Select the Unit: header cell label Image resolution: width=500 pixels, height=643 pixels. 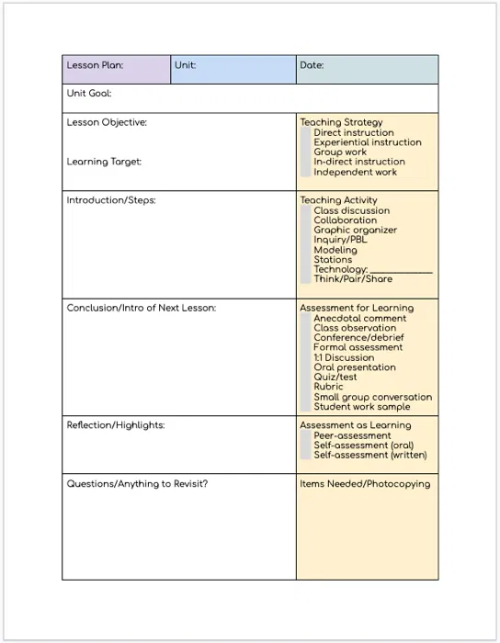pyautogui.click(x=185, y=66)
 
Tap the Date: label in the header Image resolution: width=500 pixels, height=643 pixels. pyautogui.click(x=312, y=66)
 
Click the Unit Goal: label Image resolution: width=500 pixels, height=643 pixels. pyautogui.click(x=89, y=94)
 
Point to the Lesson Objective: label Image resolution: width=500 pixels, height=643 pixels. pyautogui.click(x=107, y=122)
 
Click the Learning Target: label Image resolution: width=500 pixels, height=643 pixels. pyautogui.click(x=104, y=162)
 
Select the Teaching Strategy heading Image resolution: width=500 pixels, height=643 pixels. pyautogui.click(x=341, y=122)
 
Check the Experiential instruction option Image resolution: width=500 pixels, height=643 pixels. pyautogui.click(x=367, y=142)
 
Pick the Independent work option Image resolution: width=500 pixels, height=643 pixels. pyautogui.click(x=355, y=172)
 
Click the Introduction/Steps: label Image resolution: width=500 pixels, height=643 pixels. pyautogui.click(x=111, y=200)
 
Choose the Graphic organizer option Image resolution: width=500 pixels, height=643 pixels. pyautogui.click(x=355, y=231)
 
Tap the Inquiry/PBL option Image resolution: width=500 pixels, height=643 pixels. pyautogui.click(x=339, y=240)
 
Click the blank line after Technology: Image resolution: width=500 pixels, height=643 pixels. pyautogui.click(x=401, y=270)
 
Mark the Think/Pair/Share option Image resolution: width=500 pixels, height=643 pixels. pyautogui.click(x=352, y=279)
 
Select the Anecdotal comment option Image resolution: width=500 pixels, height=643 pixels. pyautogui.click(x=359, y=319)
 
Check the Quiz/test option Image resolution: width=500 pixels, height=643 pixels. pyautogui.click(x=335, y=378)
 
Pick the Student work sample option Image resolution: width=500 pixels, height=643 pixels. pyautogui.click(x=361, y=407)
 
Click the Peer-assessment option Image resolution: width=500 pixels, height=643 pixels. pyautogui.click(x=352, y=435)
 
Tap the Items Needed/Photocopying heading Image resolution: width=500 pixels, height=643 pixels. pyautogui.click(x=365, y=484)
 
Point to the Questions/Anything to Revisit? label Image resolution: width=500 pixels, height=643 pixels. pyautogui.click(x=137, y=484)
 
